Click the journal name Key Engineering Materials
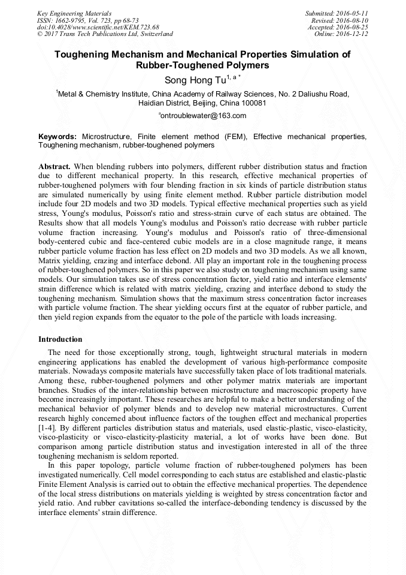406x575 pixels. point(74,13)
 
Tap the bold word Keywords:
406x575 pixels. point(57,137)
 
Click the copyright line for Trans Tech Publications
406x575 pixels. point(104,34)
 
